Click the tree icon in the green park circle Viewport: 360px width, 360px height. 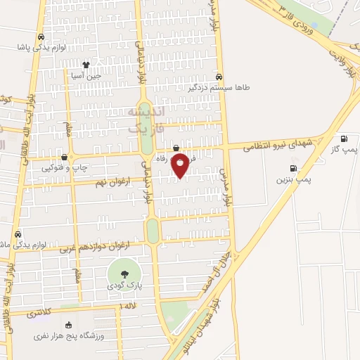[124, 274]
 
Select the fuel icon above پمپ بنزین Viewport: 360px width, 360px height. [292, 168]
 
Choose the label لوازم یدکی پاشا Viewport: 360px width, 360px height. [47, 48]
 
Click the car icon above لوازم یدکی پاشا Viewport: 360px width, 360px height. [41, 37]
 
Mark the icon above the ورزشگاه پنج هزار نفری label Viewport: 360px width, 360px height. [68, 325]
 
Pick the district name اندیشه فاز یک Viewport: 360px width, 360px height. [148, 121]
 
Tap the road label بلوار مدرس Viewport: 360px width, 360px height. [224, 186]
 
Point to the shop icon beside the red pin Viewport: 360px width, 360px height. [176, 148]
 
